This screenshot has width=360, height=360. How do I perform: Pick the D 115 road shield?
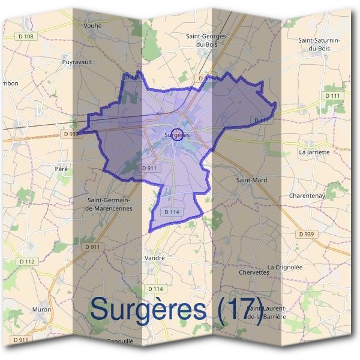(x=131, y=77)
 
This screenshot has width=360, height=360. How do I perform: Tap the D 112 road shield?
(x=28, y=261)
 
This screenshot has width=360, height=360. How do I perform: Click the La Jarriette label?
(x=314, y=152)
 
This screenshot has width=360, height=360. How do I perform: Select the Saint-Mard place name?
(x=251, y=179)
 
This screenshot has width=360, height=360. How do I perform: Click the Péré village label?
(x=61, y=169)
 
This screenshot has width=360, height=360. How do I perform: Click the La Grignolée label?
(x=285, y=266)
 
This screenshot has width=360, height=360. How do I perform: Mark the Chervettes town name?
(x=254, y=272)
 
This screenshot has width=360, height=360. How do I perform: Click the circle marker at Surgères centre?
(x=176, y=134)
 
